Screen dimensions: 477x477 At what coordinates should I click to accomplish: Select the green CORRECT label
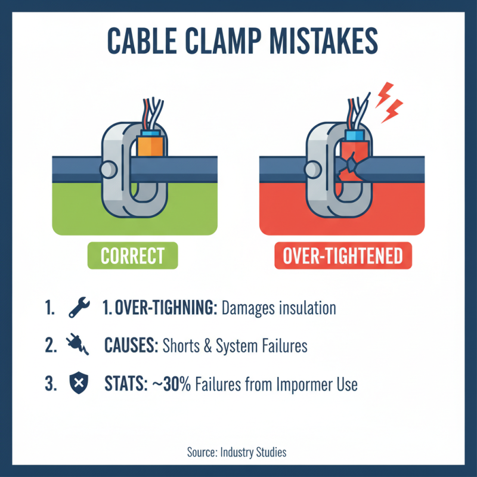[x=132, y=256]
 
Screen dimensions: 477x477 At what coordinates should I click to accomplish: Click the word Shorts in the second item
[x=182, y=346]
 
